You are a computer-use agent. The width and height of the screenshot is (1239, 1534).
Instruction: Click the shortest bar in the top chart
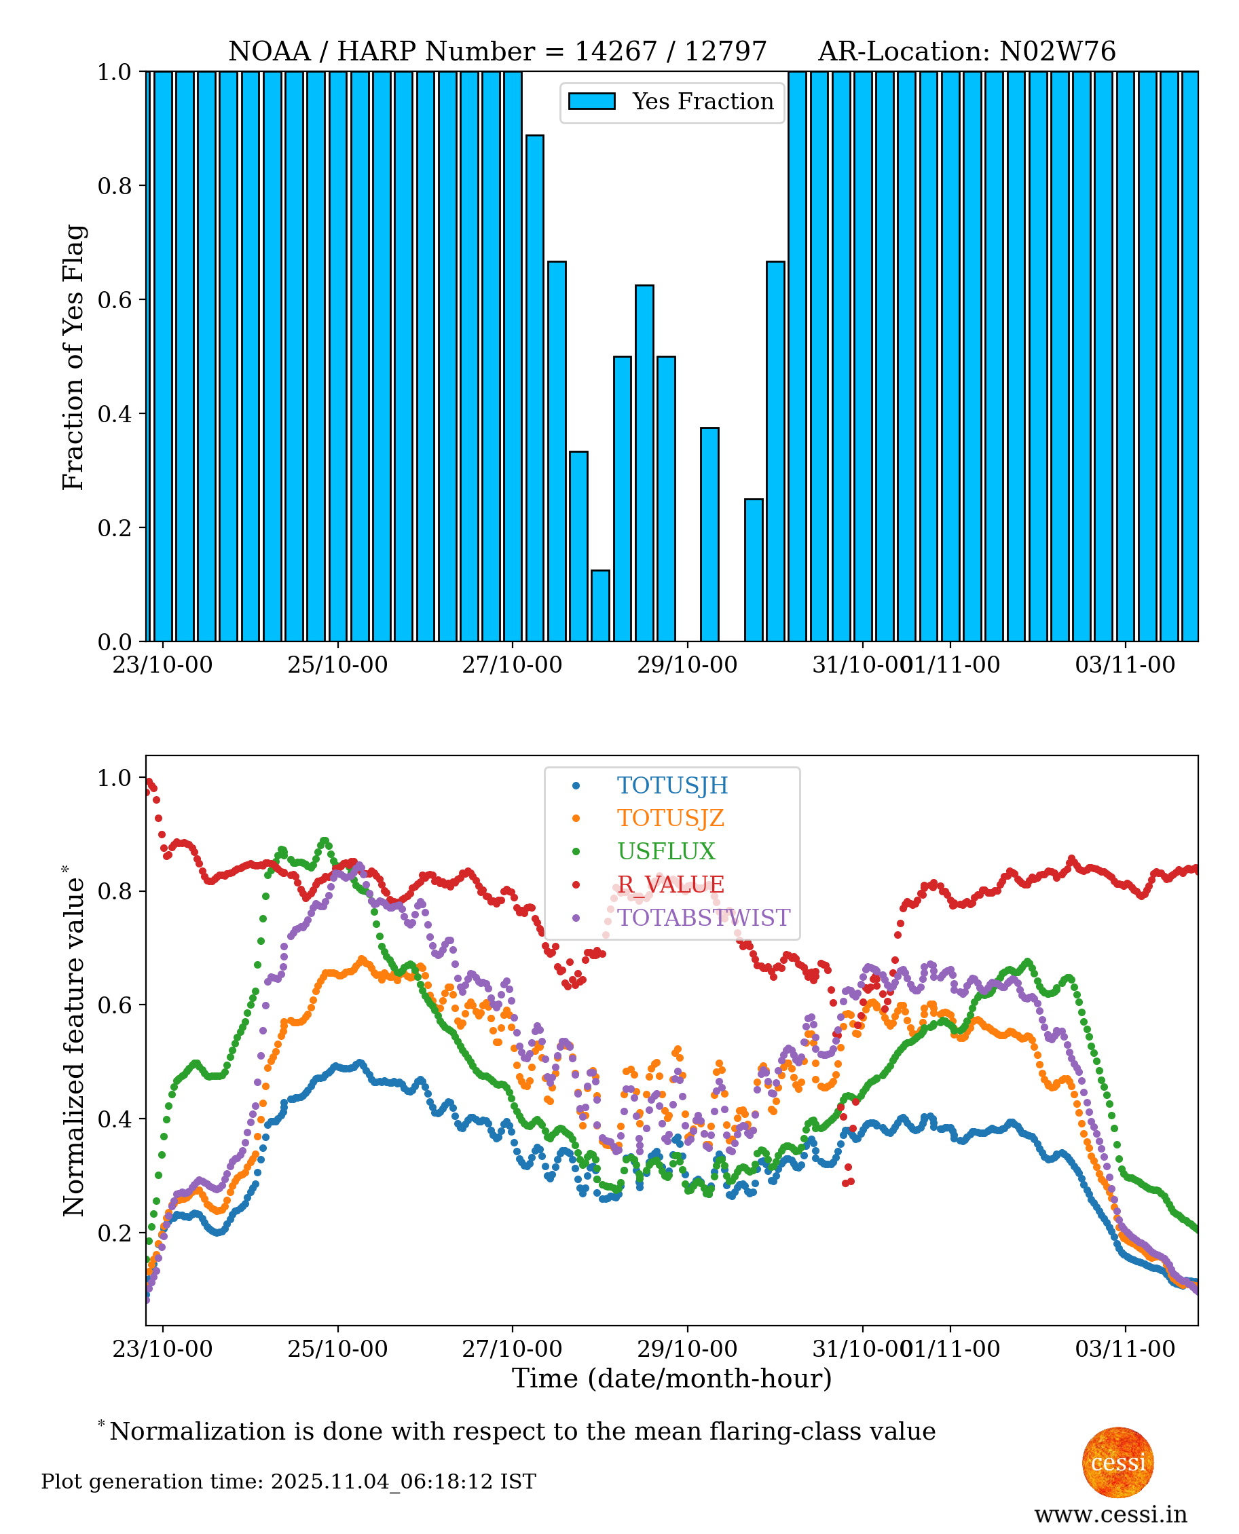pyautogui.click(x=600, y=605)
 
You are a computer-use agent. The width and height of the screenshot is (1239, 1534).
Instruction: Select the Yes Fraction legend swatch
pyautogui.click(x=592, y=101)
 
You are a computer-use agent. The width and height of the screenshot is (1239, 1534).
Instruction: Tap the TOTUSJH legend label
pyautogui.click(x=672, y=785)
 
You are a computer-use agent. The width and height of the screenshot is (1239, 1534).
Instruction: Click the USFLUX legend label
pyautogui.click(x=666, y=851)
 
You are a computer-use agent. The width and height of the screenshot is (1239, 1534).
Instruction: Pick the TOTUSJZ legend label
pyautogui.click(x=671, y=819)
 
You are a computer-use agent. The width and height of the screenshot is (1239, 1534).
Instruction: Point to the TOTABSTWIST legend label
pyautogui.click(x=704, y=918)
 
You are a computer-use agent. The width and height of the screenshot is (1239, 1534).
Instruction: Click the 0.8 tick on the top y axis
pyautogui.click(x=114, y=185)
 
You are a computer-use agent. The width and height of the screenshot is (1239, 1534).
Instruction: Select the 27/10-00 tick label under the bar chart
pyautogui.click(x=512, y=665)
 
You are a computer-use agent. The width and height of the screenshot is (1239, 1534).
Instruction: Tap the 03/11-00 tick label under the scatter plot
pyautogui.click(x=1125, y=1349)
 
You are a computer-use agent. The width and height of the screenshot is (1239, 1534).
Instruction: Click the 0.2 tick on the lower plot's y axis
pyautogui.click(x=114, y=1233)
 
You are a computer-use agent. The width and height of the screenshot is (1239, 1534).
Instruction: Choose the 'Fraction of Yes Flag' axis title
pyautogui.click(x=73, y=357)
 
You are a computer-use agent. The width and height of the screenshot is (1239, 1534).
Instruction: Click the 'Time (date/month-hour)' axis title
pyautogui.click(x=671, y=1379)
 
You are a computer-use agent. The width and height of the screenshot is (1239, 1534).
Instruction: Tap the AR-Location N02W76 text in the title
pyautogui.click(x=966, y=52)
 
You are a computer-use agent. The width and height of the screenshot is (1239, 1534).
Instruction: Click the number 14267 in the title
pyautogui.click(x=615, y=52)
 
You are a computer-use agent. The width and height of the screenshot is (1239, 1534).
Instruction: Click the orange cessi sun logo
pyautogui.click(x=1117, y=1462)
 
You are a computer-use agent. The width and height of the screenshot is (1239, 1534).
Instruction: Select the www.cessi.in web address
pyautogui.click(x=1111, y=1514)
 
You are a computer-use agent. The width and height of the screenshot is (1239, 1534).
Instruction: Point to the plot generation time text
pyautogui.click(x=289, y=1482)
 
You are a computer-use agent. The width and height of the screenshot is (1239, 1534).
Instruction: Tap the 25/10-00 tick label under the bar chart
pyautogui.click(x=337, y=665)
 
